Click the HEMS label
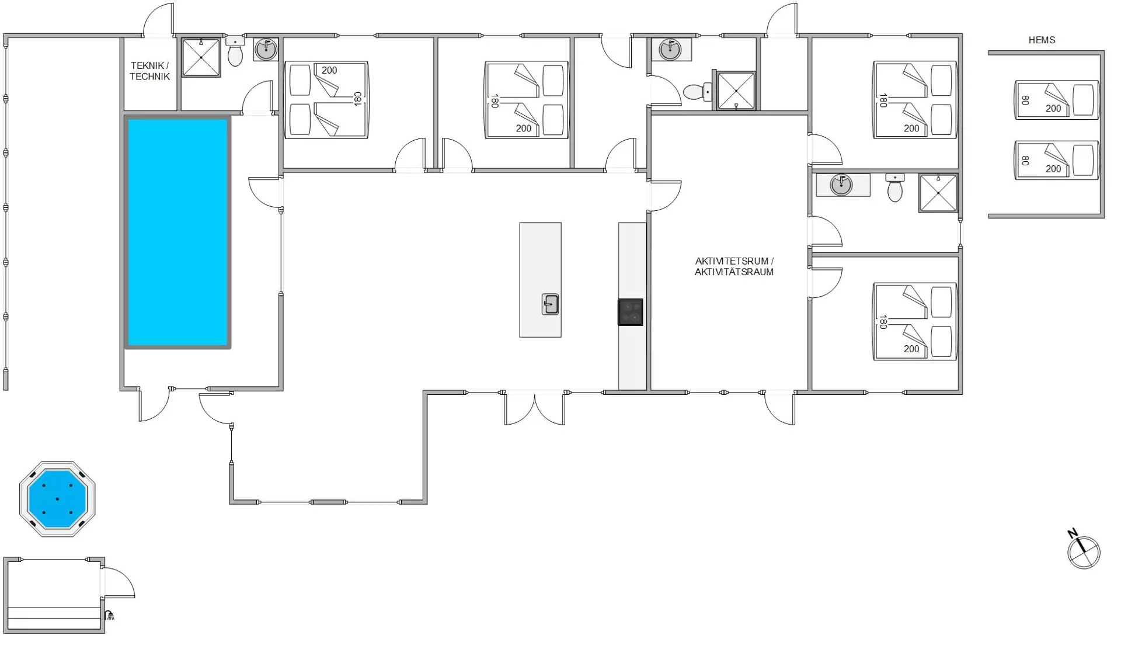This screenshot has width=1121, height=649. [1042, 40]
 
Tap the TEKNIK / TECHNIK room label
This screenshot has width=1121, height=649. [150, 71]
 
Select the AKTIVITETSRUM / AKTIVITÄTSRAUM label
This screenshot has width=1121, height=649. [734, 266]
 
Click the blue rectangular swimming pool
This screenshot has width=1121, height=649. [177, 232]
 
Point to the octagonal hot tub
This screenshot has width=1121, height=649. [57, 499]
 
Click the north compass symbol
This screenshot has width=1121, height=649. [1083, 551]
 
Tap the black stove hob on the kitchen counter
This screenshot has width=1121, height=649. [631, 312]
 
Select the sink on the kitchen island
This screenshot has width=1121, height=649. [550, 304]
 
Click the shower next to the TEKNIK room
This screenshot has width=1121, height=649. [201, 58]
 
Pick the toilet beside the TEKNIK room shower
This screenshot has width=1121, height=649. [235, 52]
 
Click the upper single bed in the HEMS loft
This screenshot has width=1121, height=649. [1057, 100]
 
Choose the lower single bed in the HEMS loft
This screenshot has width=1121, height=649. [1057, 160]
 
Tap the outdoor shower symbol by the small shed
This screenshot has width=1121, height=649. [109, 615]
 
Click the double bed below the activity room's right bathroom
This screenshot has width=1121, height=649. [915, 321]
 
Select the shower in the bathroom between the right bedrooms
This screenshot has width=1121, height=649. [938, 193]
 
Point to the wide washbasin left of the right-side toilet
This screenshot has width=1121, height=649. [843, 185]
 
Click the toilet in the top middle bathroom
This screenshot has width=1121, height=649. [696, 92]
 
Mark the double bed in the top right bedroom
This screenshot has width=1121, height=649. [915, 100]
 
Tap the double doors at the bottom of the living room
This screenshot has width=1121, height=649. [535, 408]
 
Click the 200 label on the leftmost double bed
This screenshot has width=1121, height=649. [329, 70]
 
